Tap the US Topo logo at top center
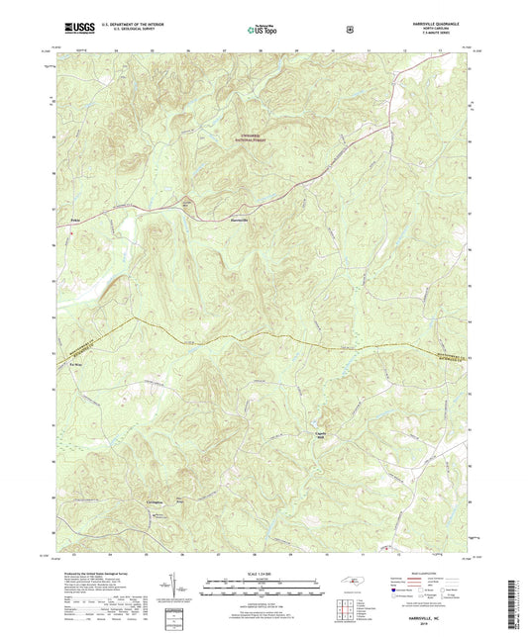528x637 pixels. click(x=264, y=30)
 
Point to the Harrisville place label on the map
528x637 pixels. click(x=239, y=219)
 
